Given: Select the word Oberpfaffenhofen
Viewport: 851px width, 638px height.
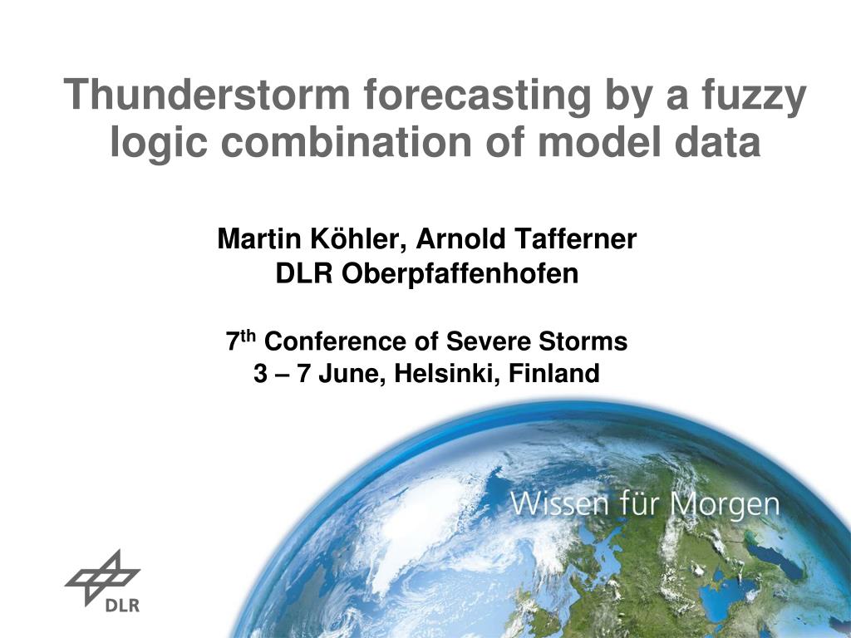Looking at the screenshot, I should [460, 273].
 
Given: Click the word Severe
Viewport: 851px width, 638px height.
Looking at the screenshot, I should [489, 341].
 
